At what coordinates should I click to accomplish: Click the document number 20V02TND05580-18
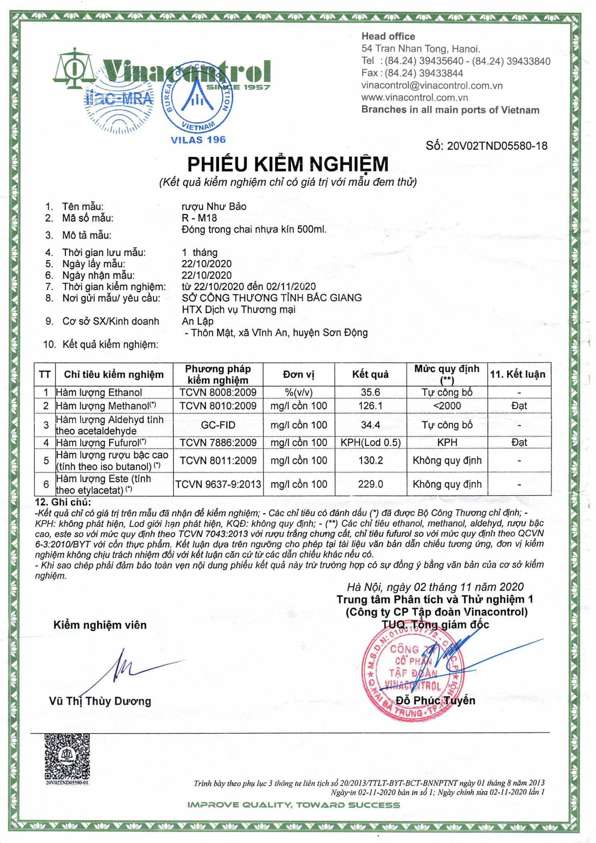click(486, 146)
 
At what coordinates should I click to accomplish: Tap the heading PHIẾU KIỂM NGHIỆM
click(288, 164)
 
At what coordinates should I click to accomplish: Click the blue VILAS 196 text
click(198, 140)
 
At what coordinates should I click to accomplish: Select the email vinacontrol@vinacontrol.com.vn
click(432, 85)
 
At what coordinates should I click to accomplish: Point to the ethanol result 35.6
click(370, 392)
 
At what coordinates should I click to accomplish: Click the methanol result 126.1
click(370, 406)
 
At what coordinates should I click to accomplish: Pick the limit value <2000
click(447, 406)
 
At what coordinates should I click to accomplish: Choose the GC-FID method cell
click(218, 425)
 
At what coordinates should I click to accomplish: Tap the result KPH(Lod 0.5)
click(370, 443)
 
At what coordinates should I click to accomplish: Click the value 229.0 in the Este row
click(370, 484)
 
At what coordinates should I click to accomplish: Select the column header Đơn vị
click(298, 374)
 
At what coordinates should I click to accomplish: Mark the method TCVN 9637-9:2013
click(218, 484)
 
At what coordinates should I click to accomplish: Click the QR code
click(67, 756)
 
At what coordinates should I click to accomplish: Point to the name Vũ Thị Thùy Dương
click(100, 701)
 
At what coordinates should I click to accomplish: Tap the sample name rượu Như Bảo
click(214, 207)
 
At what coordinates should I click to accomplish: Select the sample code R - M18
click(199, 218)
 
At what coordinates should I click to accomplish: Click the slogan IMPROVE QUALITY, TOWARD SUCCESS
click(294, 805)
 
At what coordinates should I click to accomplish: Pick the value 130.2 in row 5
click(370, 461)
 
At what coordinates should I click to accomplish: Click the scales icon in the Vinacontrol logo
click(74, 68)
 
